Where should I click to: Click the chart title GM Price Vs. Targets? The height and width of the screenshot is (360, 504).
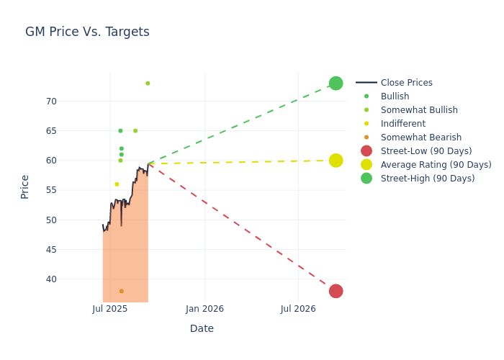pyautogui.click(x=87, y=32)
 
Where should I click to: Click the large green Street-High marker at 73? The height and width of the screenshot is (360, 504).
pyautogui.click(x=336, y=84)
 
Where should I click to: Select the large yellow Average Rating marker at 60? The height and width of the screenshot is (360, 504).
pyautogui.click(x=336, y=161)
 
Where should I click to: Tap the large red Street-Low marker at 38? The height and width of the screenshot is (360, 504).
pyautogui.click(x=336, y=291)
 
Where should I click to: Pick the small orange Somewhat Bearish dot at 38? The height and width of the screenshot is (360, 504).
pyautogui.click(x=121, y=291)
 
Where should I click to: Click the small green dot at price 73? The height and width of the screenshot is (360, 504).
pyautogui.click(x=148, y=84)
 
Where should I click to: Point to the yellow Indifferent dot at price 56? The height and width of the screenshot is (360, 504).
pyautogui.click(x=117, y=184)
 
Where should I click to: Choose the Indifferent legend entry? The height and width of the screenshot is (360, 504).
pyautogui.click(x=402, y=124)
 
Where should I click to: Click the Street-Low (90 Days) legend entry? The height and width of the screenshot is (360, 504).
pyautogui.click(x=426, y=151)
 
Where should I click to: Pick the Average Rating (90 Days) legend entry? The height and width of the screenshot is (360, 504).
pyautogui.click(x=436, y=165)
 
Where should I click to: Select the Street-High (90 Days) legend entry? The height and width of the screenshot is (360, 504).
pyautogui.click(x=427, y=179)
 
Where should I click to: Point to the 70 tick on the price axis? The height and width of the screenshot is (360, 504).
pyautogui.click(x=51, y=102)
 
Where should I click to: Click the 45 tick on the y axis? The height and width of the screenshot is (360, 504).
pyautogui.click(x=51, y=250)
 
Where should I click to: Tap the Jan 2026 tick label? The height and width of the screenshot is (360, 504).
pyautogui.click(x=204, y=309)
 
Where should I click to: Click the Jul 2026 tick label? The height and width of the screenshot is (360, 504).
pyautogui.click(x=298, y=309)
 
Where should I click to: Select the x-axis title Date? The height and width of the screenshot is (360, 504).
pyautogui.click(x=202, y=329)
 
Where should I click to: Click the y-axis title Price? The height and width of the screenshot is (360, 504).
pyautogui.click(x=25, y=186)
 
